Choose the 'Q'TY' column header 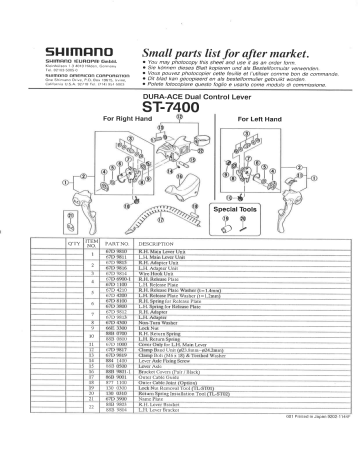coord(75,243)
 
